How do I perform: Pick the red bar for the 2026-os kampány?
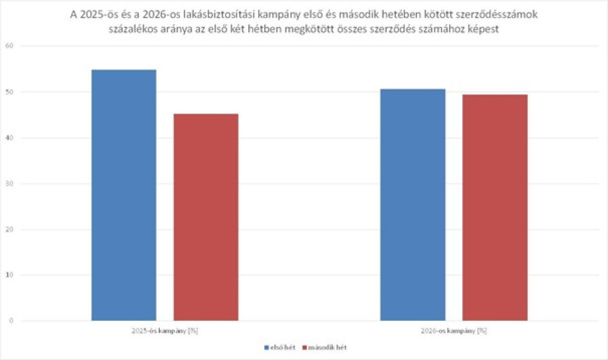(x=495, y=207)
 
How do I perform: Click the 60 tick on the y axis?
(x=9, y=46)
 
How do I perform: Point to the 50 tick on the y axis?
(x=9, y=92)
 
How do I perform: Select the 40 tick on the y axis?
(x=9, y=138)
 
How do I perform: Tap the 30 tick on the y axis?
(x=9, y=184)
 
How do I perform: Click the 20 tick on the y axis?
(x=9, y=230)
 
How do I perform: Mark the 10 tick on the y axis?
(x=9, y=275)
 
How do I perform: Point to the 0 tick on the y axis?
(x=11, y=321)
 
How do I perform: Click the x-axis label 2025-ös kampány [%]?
(x=165, y=331)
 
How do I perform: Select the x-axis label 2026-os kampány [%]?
(x=454, y=331)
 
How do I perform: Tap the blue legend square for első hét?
(x=266, y=348)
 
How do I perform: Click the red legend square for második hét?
(x=304, y=348)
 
